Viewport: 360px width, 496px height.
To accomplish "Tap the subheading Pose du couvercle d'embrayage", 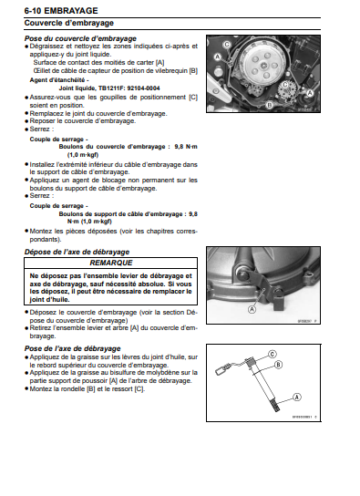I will (x=80, y=39).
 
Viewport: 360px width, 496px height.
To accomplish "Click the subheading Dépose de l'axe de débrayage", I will (x=77, y=251).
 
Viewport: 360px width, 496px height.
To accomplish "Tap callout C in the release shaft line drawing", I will (x=324, y=352).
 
